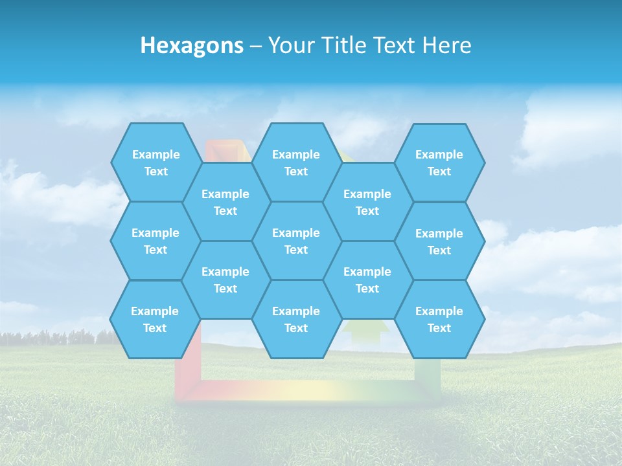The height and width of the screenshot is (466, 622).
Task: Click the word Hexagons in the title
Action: (x=192, y=45)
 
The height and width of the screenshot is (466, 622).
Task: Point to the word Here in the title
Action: (x=446, y=45)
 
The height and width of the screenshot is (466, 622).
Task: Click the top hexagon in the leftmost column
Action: (x=155, y=162)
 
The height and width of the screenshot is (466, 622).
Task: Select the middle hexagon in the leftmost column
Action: (x=155, y=241)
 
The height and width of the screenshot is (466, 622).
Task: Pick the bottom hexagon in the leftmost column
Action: (x=155, y=319)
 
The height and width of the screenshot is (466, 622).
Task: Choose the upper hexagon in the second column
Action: (x=225, y=202)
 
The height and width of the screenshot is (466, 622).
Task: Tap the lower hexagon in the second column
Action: (x=225, y=280)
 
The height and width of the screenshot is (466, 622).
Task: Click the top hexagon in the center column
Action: (x=296, y=162)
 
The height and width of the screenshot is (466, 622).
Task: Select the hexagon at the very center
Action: (x=296, y=241)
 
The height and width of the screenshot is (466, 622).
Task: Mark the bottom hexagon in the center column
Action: (x=296, y=319)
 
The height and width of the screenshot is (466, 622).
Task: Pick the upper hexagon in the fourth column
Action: (x=367, y=202)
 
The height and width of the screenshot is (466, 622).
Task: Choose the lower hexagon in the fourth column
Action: (x=367, y=280)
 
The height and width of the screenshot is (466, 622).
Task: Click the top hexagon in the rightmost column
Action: (x=439, y=162)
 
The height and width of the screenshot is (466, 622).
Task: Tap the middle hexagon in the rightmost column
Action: (x=439, y=241)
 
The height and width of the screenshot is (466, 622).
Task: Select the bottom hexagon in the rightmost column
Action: (x=439, y=319)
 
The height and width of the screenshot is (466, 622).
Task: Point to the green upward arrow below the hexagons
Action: (x=366, y=331)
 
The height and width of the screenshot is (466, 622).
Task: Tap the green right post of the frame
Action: (x=428, y=372)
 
